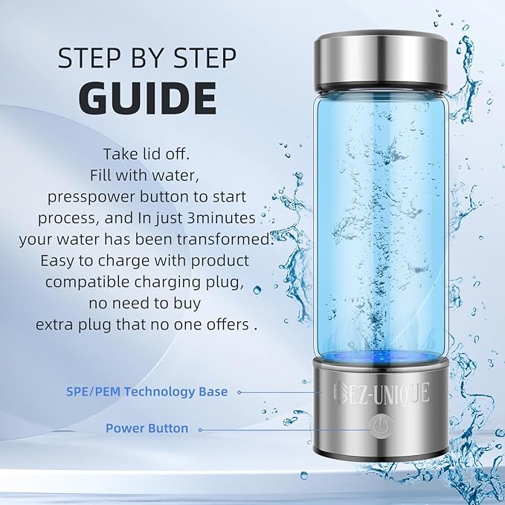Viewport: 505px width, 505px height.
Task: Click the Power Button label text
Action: pos(147,428)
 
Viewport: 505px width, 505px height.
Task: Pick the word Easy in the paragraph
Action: pos(60,262)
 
